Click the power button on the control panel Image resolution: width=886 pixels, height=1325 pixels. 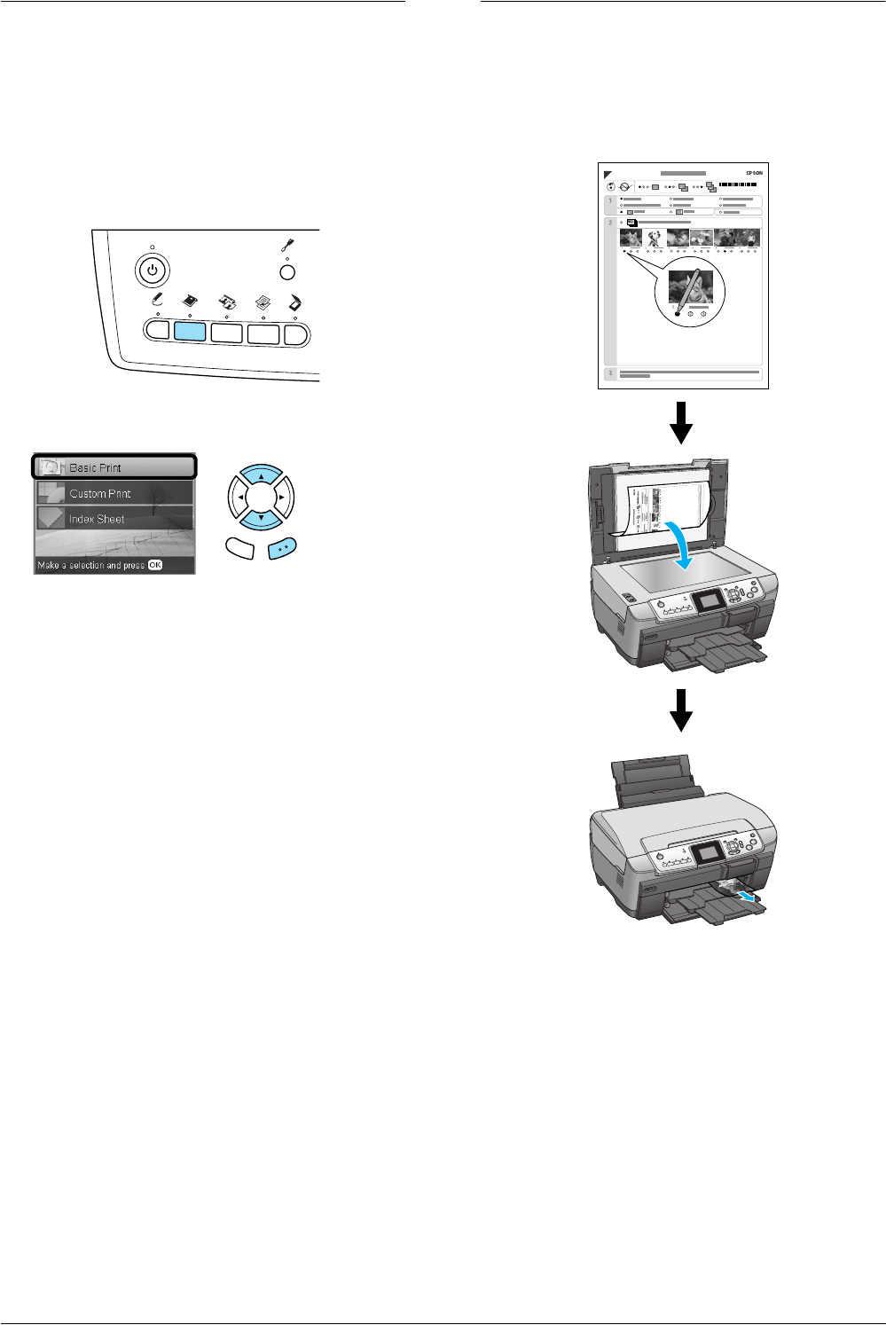(153, 270)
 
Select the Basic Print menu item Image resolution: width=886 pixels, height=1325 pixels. (114, 467)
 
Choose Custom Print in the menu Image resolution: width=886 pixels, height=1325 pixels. (114, 493)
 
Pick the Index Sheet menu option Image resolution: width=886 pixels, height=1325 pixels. (114, 519)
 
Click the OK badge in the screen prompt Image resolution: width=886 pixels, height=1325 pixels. (155, 565)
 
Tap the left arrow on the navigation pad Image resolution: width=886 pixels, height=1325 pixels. (239, 498)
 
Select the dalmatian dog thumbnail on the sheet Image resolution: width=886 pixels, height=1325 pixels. (655, 239)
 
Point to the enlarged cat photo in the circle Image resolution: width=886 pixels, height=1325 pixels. (686, 288)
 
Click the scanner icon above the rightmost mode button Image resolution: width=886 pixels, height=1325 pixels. (295, 302)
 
